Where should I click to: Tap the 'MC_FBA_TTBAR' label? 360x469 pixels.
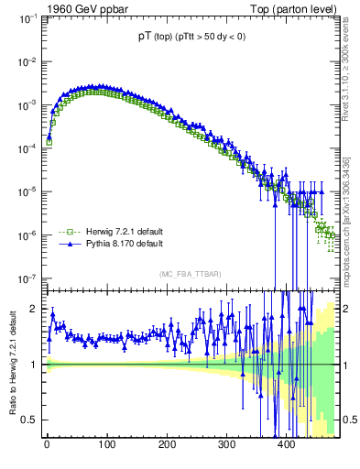click(x=191, y=274)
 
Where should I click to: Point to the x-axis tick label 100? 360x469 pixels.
click(x=106, y=444)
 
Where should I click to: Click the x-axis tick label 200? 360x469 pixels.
click(x=167, y=444)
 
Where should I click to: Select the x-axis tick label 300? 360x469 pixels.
click(x=226, y=444)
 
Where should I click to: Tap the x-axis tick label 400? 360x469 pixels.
click(x=286, y=444)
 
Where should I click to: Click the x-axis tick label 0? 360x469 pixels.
click(x=47, y=444)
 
